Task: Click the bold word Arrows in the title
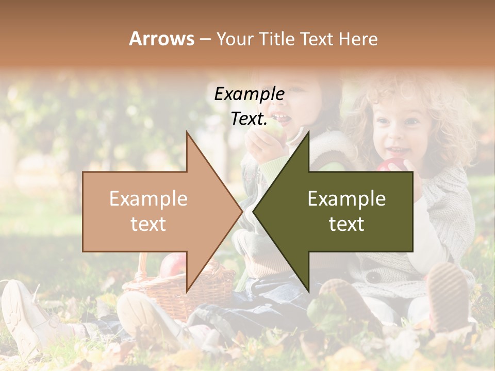[x=161, y=39]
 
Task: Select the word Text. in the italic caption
[x=249, y=119]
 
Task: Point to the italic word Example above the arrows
[x=249, y=94]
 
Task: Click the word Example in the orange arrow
[x=148, y=199]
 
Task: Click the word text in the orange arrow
[x=148, y=224]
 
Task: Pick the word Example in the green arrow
[x=346, y=199]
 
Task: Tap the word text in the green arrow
[x=346, y=224]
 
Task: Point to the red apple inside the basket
[x=173, y=264]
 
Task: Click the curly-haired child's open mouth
[x=397, y=151]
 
